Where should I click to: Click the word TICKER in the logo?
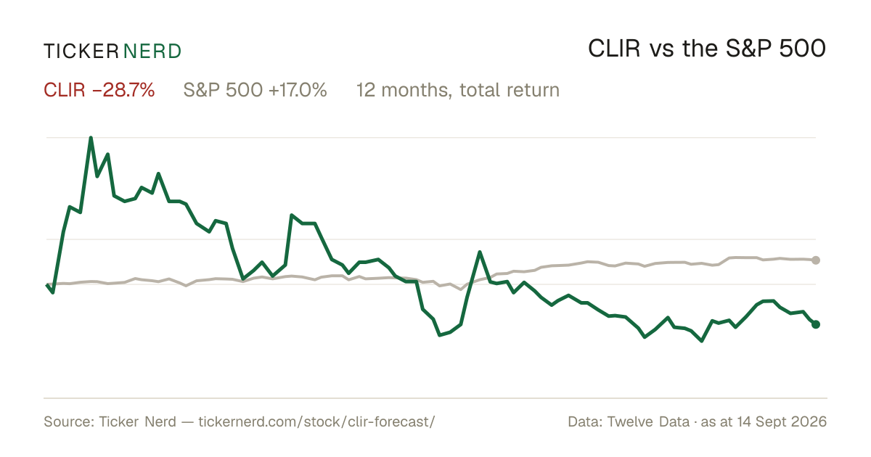(81, 52)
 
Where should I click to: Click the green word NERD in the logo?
(152, 52)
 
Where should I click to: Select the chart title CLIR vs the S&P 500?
(707, 49)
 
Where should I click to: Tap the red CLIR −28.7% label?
(99, 90)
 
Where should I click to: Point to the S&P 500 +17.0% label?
(255, 90)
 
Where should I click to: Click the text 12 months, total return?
(458, 90)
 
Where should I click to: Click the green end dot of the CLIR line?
(816, 324)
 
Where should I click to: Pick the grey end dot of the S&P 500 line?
(816, 260)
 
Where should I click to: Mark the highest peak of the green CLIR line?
(91, 138)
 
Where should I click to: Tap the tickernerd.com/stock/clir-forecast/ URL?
(316, 421)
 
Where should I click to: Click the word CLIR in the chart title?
(614, 49)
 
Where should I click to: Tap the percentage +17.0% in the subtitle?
(298, 90)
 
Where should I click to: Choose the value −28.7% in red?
(123, 90)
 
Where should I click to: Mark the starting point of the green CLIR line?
(47, 285)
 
